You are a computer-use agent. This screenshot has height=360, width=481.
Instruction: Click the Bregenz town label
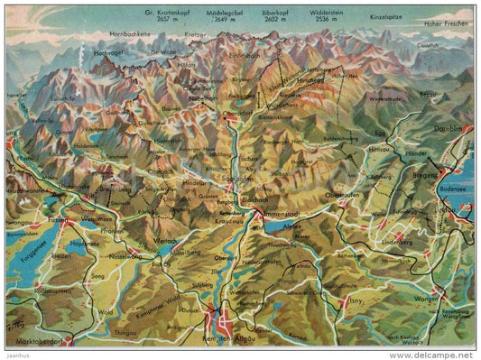coord(425,182)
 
